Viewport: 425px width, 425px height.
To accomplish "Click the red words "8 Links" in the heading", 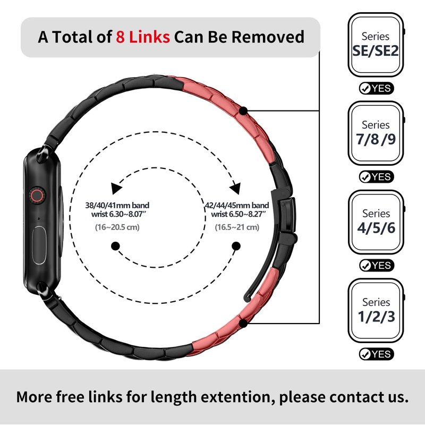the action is pyautogui.click(x=143, y=37).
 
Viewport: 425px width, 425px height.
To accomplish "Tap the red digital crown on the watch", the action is pyautogui.click(x=37, y=195).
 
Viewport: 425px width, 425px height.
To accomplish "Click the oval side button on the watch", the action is pyautogui.click(x=39, y=245).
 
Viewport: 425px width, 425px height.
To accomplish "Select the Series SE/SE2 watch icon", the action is pyautogui.click(x=376, y=45).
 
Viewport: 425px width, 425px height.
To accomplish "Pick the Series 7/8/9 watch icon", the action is pyautogui.click(x=376, y=133).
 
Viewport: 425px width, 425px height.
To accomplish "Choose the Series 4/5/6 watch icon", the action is pyautogui.click(x=376, y=222).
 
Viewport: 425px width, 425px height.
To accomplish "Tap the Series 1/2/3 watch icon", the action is pyautogui.click(x=376, y=311).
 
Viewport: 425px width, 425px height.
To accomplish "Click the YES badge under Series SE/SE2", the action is pyautogui.click(x=376, y=88).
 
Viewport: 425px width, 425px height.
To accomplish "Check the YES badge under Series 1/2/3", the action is pyautogui.click(x=376, y=354).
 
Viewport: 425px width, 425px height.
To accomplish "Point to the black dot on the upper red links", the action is pyautogui.click(x=243, y=110).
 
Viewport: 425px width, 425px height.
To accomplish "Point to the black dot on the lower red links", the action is pyautogui.click(x=243, y=323).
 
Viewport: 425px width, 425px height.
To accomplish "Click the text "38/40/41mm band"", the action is pyautogui.click(x=117, y=205).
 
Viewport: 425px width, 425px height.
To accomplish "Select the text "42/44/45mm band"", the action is pyautogui.click(x=237, y=205).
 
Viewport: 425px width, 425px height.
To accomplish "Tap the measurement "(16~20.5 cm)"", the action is pyautogui.click(x=117, y=227).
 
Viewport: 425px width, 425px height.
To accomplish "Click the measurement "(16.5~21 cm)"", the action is pyautogui.click(x=237, y=227).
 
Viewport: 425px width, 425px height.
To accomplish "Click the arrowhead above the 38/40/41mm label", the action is pyautogui.click(x=116, y=188).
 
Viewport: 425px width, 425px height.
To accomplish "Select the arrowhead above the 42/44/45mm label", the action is pyautogui.click(x=235, y=188).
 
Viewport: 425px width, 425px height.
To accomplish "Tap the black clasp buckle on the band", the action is pyautogui.click(x=287, y=216).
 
